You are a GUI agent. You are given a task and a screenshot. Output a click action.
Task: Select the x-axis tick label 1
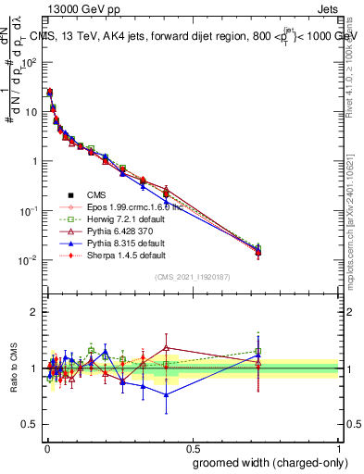[x=340, y=446]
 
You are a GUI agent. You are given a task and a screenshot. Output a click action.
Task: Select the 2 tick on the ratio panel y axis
[x=35, y=312]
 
